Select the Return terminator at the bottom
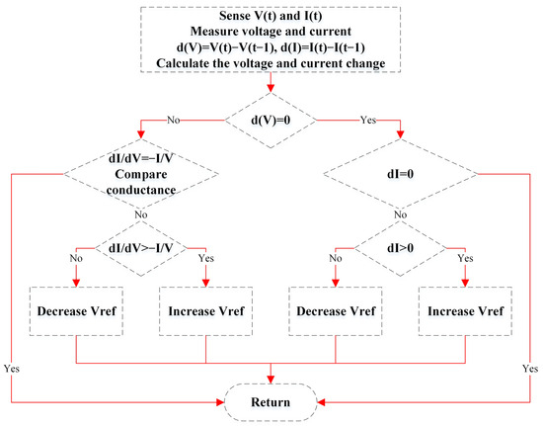coord(270,401)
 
